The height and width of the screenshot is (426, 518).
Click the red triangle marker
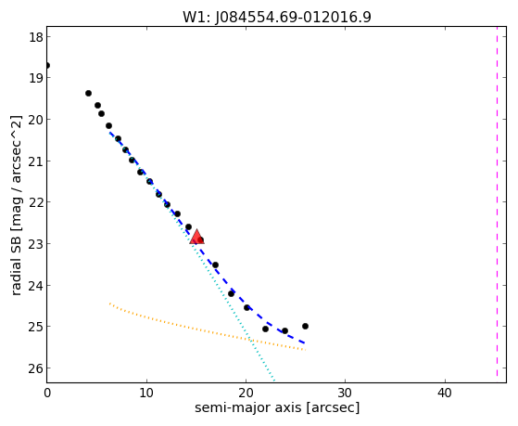click(196, 237)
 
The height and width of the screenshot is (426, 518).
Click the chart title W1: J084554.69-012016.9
click(277, 18)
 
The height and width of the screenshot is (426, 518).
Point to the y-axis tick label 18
click(36, 37)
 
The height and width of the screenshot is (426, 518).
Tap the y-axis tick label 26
click(36, 368)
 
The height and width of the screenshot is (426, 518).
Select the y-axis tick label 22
click(36, 202)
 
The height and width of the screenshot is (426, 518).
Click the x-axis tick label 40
click(444, 394)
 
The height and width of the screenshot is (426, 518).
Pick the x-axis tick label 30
click(345, 394)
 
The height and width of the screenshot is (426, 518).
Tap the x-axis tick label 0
click(47, 394)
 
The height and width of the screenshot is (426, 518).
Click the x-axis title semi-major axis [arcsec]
click(277, 407)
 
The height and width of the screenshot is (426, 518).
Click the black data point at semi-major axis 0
click(47, 66)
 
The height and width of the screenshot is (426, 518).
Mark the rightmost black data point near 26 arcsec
click(305, 327)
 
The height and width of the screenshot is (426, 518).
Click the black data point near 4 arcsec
click(89, 94)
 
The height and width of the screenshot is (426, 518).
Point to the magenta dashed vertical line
click(497, 202)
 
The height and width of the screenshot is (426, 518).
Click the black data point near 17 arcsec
click(215, 265)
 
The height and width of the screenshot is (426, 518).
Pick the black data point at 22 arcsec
click(265, 329)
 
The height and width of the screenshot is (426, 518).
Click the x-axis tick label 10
click(146, 394)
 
